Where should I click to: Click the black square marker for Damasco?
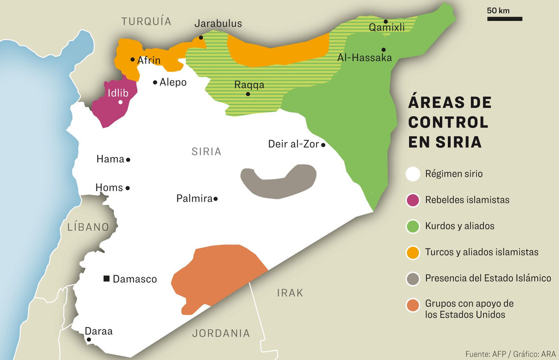[106, 279]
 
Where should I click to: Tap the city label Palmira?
[194, 198]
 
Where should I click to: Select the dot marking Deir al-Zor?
[323, 145]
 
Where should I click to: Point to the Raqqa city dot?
[248, 94]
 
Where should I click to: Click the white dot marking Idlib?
[120, 102]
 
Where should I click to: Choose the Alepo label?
[173, 82]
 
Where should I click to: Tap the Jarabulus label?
[218, 24]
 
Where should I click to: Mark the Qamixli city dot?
[386, 21]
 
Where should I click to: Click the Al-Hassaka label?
[365, 58]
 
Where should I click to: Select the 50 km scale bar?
[505, 19]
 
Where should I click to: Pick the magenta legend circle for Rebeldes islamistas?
[413, 199]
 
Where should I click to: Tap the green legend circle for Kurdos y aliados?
[413, 226]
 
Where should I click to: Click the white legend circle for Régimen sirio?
[413, 173]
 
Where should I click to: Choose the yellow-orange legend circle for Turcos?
[413, 252]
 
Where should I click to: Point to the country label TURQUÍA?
[146, 21]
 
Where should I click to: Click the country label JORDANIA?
[221, 333]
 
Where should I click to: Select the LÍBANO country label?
[88, 227]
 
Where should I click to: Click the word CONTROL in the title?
[448, 122]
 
